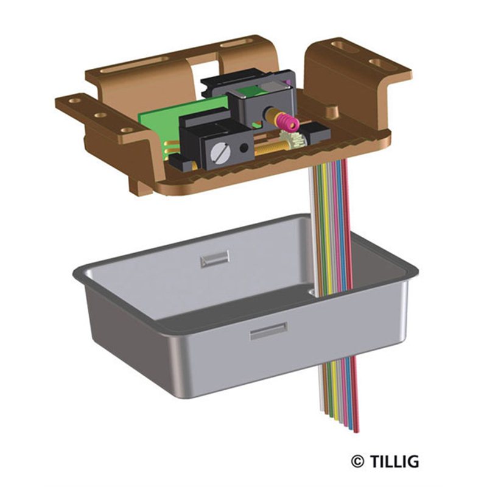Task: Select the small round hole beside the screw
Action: click(243, 147)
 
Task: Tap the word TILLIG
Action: click(394, 462)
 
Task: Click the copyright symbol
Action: click(358, 462)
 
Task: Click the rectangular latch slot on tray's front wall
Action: click(268, 331)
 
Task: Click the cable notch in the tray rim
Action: click(312, 292)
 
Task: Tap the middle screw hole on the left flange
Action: click(100, 116)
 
